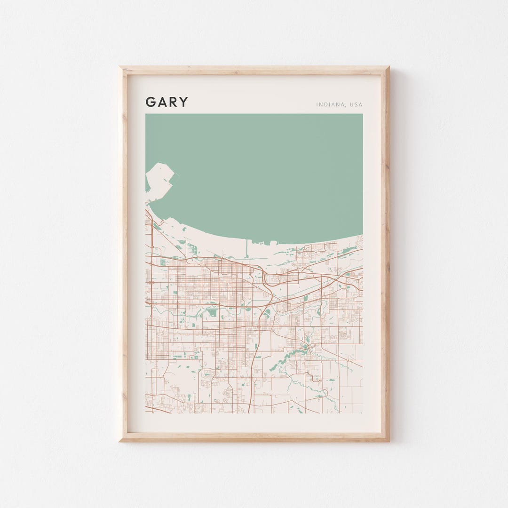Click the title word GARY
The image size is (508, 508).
167,102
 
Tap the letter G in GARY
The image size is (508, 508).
150,102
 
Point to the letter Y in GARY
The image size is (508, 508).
183,102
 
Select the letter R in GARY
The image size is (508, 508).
173,102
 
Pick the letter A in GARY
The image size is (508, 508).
161,102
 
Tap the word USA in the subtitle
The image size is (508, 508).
356,104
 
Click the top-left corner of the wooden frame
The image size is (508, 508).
120,68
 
